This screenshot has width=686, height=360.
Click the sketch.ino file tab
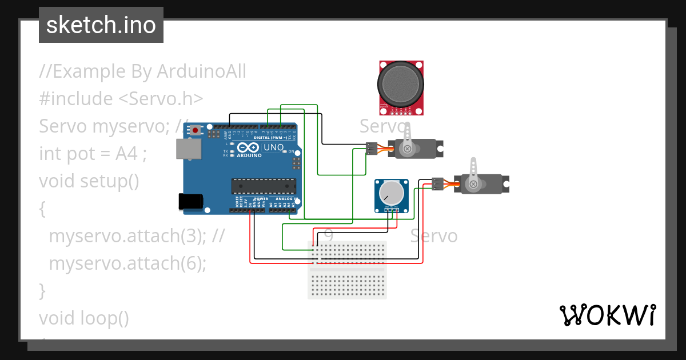point(101,25)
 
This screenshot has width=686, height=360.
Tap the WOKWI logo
point(607,315)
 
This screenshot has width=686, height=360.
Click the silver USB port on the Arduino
point(188,149)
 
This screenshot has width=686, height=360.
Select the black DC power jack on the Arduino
point(190,201)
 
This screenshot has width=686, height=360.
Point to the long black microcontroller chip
point(264,186)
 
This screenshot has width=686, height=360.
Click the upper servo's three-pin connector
point(372,148)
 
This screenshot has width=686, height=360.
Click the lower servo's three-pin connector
point(437,183)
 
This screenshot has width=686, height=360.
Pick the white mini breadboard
point(347,269)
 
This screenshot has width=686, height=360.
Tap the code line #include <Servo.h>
point(121,99)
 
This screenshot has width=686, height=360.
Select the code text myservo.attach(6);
point(127,263)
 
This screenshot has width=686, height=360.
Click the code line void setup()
point(89,181)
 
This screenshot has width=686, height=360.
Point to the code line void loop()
point(84,318)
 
